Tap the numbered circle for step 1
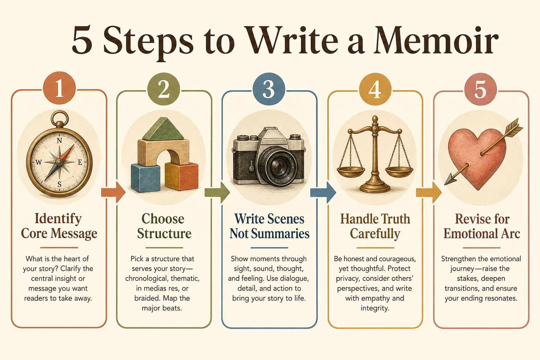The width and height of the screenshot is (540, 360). (x=59, y=88)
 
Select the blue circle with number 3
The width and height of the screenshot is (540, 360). (x=269, y=89)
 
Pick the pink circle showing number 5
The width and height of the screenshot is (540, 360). (x=481, y=89)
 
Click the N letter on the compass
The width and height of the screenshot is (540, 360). (x=59, y=141)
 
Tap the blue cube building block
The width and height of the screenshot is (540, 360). (x=145, y=178)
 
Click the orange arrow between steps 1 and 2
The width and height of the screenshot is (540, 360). (x=113, y=192)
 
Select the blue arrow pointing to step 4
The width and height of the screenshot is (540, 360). (x=323, y=192)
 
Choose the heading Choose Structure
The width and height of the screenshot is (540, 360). (x=164, y=226)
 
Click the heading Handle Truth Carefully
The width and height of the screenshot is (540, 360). (x=375, y=226)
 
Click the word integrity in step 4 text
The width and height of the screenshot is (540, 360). (x=375, y=308)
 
